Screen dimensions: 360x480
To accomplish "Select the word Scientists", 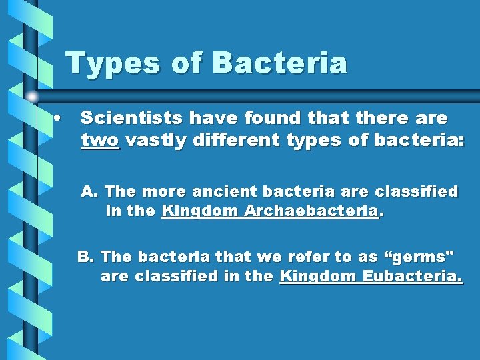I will (x=133, y=118).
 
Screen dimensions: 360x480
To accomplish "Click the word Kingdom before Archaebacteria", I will (x=201, y=212).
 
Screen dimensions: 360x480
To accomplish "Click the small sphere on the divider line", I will (x=32, y=97).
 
